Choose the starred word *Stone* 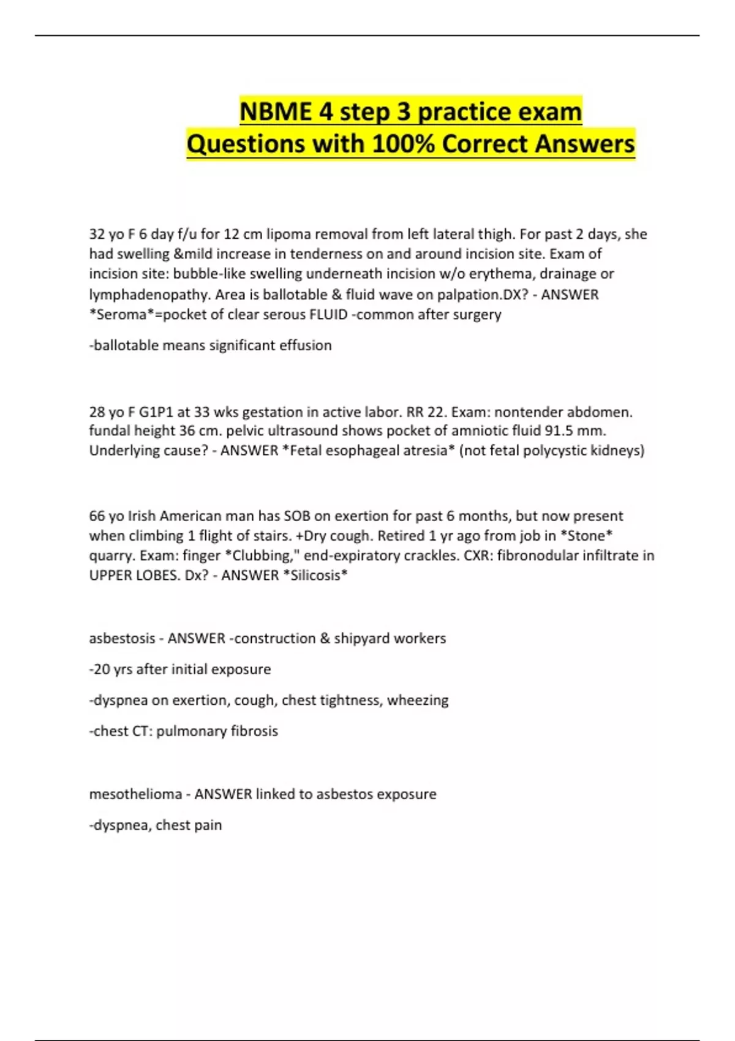586,536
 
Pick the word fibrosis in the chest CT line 254,731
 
